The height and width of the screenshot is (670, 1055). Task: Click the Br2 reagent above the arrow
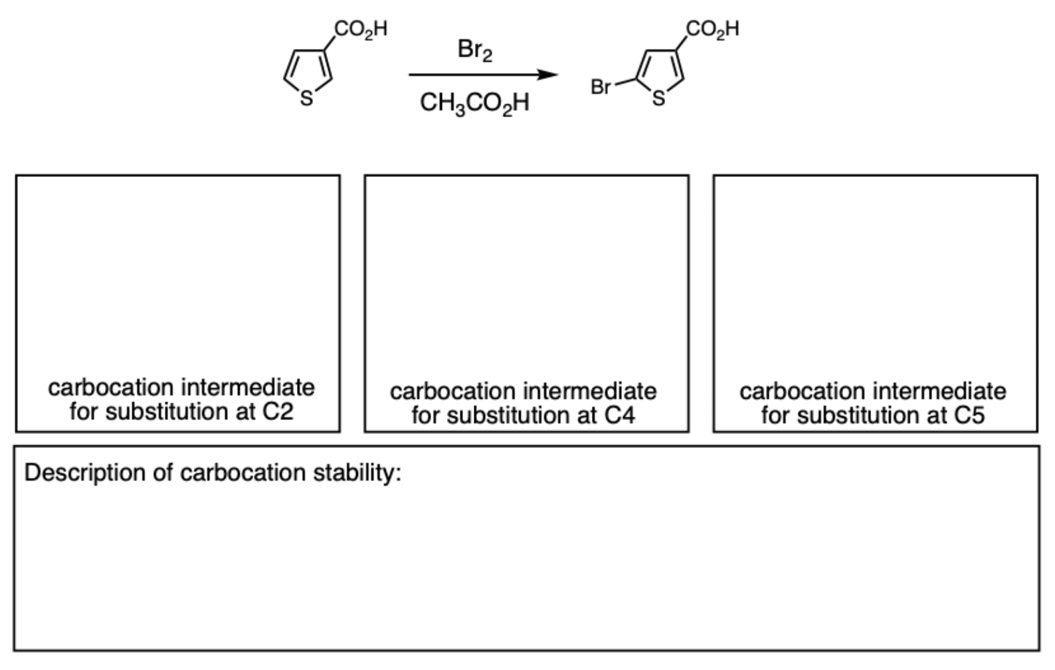click(474, 50)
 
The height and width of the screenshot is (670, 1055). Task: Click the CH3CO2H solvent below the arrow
click(474, 103)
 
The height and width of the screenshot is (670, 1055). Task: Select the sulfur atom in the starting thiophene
click(306, 100)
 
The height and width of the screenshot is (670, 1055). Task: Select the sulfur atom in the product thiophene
click(658, 100)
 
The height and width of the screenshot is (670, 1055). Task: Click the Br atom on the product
click(601, 87)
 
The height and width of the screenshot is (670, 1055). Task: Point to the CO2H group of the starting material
click(361, 29)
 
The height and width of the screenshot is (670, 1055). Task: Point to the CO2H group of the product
click(712, 29)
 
